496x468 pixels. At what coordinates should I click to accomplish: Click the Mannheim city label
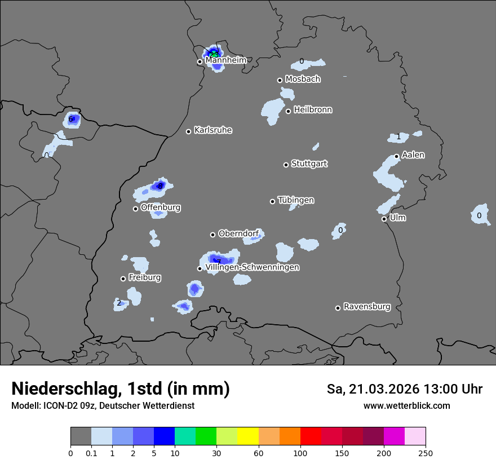coord(225,60)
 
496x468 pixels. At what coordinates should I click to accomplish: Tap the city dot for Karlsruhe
coord(189,131)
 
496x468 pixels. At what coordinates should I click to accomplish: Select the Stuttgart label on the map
coord(309,164)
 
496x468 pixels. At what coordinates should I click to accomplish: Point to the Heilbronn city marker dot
coord(288,111)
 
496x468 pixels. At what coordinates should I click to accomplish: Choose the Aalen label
coord(413,154)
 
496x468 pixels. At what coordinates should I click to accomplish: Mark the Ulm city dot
coord(384,219)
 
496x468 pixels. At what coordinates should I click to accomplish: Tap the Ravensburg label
coord(367,307)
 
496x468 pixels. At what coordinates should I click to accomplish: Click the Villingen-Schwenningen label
coord(252,267)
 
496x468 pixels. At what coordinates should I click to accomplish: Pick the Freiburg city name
coord(144,277)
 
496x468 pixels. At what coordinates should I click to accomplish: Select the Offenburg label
coord(161,207)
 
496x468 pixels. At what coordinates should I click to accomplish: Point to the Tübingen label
coord(296,200)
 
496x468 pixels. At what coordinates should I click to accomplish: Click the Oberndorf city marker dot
coord(212,235)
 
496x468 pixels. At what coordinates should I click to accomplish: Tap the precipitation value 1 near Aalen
coord(398,137)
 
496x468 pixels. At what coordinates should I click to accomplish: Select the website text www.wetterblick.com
coord(406,405)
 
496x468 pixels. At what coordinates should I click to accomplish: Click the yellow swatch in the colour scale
coord(248,436)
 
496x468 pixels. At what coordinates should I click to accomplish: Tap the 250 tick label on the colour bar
coord(426,453)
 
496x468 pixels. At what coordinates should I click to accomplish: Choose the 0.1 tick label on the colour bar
coord(91,453)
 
